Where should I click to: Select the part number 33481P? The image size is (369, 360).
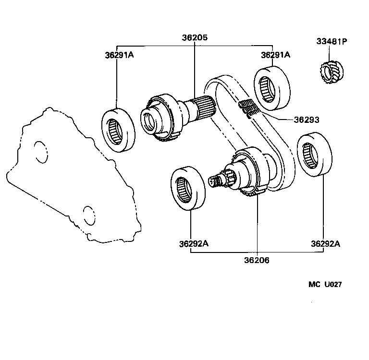[332, 41]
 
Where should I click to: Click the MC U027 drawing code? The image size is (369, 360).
[325, 284]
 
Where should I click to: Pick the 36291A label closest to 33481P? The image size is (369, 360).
[276, 55]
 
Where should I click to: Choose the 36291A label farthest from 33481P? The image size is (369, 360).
[119, 55]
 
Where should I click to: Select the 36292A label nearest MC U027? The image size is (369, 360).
[325, 243]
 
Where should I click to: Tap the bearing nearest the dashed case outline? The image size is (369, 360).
[118, 129]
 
